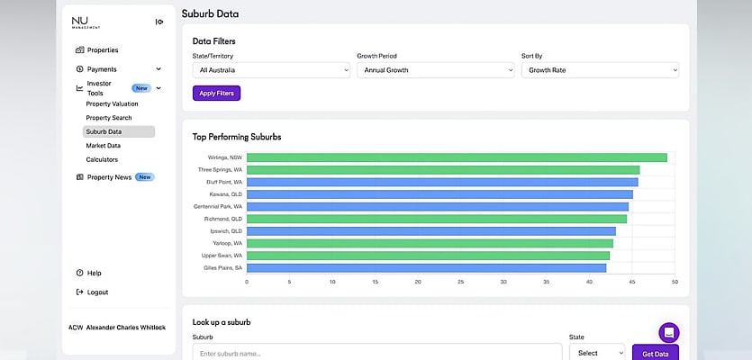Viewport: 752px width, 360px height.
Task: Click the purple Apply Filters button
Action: (x=216, y=93)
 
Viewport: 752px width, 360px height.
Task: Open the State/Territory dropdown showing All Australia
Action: (x=271, y=70)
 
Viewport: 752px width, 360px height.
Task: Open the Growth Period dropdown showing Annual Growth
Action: (x=436, y=70)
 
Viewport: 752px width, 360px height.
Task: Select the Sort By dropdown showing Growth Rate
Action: (x=600, y=70)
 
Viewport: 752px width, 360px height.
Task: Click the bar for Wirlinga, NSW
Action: (x=457, y=157)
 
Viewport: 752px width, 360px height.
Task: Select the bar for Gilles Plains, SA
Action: (x=426, y=268)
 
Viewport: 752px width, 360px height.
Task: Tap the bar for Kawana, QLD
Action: (x=439, y=194)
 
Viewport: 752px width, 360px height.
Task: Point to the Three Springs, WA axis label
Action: (x=220, y=170)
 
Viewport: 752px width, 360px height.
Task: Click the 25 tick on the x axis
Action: (x=461, y=282)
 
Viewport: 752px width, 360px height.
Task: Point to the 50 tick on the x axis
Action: (x=675, y=282)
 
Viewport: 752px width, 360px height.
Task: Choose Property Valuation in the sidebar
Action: (x=112, y=103)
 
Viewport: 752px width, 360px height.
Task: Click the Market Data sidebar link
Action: (x=103, y=145)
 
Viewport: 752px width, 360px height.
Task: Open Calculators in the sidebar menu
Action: (x=102, y=159)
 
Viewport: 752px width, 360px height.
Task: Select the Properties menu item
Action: (x=97, y=49)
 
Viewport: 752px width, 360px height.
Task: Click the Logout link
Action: (x=93, y=292)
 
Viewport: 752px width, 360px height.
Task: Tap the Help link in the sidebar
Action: (x=89, y=273)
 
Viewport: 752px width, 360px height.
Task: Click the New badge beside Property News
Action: (x=145, y=177)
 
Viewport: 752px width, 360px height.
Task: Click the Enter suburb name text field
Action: (x=377, y=353)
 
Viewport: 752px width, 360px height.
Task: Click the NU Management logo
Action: (x=86, y=22)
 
